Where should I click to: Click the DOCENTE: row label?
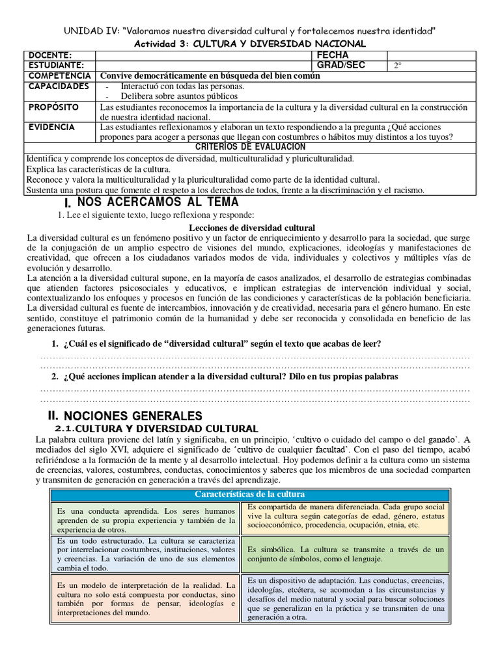[x=49, y=55]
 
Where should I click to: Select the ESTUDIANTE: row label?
[x=55, y=65]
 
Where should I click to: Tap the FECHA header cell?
[x=333, y=55]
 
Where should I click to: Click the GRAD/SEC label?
[x=340, y=65]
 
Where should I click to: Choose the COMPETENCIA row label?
[x=60, y=75]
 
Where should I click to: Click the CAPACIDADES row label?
[x=59, y=86]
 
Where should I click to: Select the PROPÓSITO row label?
[x=53, y=107]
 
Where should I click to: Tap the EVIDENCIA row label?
[x=51, y=127]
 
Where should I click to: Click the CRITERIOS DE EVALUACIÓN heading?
[x=250, y=148]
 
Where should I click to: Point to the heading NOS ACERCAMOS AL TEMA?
[x=153, y=202]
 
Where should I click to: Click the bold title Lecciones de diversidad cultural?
[x=251, y=228]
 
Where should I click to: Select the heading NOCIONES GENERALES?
[x=132, y=415]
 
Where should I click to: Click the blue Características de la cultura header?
[x=250, y=494]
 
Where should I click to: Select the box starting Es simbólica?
[x=346, y=553]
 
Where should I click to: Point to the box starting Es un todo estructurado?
[x=145, y=553]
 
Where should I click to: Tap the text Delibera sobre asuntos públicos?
[x=175, y=96]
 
